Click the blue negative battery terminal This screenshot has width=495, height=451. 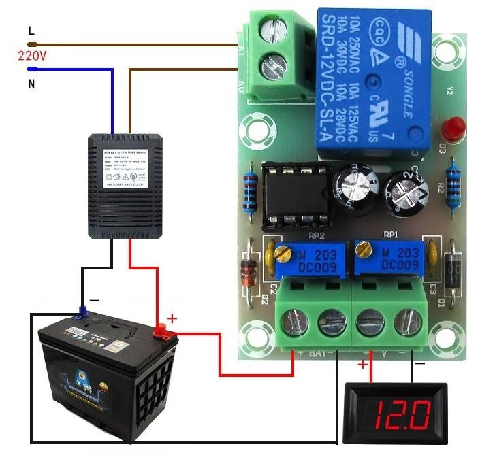[x=82, y=313]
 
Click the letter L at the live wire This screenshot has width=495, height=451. [x=30, y=31]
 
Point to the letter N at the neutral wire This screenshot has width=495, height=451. [x=31, y=84]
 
